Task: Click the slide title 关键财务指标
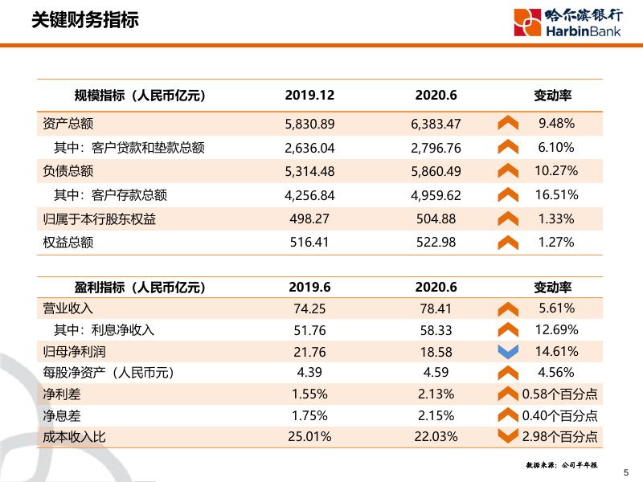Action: pyautogui.click(x=84, y=20)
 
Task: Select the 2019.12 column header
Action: pyautogui.click(x=309, y=96)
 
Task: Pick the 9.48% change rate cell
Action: pyautogui.click(x=556, y=124)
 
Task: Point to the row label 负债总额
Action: pyautogui.click(x=68, y=170)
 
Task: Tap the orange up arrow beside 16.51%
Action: pyautogui.click(x=508, y=194)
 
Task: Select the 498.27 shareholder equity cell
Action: pyautogui.click(x=309, y=219)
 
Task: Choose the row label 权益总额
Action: pyautogui.click(x=68, y=242)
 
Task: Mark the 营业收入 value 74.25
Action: pyautogui.click(x=309, y=308)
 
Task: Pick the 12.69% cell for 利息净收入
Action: pyautogui.click(x=556, y=329)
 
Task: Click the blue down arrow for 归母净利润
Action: pyautogui.click(x=508, y=351)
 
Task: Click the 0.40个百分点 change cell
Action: pyautogui.click(x=559, y=415)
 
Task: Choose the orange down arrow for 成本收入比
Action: pyautogui.click(x=508, y=436)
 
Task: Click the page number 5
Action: pyautogui.click(x=626, y=472)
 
